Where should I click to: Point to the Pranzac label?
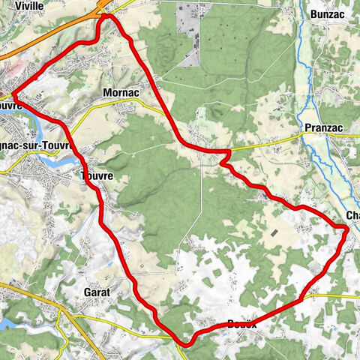point(323,128)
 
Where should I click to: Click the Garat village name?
point(97,291)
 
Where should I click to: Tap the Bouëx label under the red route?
point(242,324)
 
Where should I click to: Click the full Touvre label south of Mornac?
point(97,177)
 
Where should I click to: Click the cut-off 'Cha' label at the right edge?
point(352,216)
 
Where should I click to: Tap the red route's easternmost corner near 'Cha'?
point(346,231)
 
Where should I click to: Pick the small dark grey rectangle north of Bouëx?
point(274,233)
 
